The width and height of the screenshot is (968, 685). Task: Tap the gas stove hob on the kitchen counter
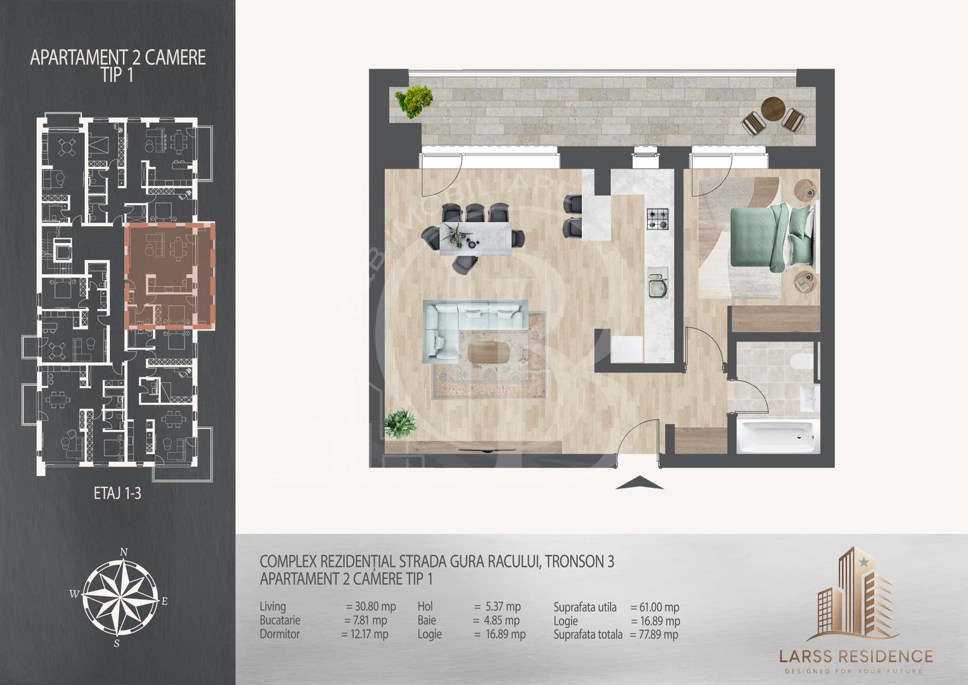point(657,219)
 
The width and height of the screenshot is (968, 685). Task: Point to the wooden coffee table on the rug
point(489,353)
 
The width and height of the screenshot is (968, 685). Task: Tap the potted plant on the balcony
point(414,101)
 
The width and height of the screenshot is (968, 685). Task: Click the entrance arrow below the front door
point(639,483)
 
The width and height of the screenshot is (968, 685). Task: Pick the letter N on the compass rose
point(124,552)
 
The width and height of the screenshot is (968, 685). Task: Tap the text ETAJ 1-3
point(117,493)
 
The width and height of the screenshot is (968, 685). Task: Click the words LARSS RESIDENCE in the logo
point(856,656)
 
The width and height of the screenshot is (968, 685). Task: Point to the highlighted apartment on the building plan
point(170,276)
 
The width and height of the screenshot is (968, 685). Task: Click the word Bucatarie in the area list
point(280,620)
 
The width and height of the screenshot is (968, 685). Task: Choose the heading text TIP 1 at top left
point(117,75)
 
